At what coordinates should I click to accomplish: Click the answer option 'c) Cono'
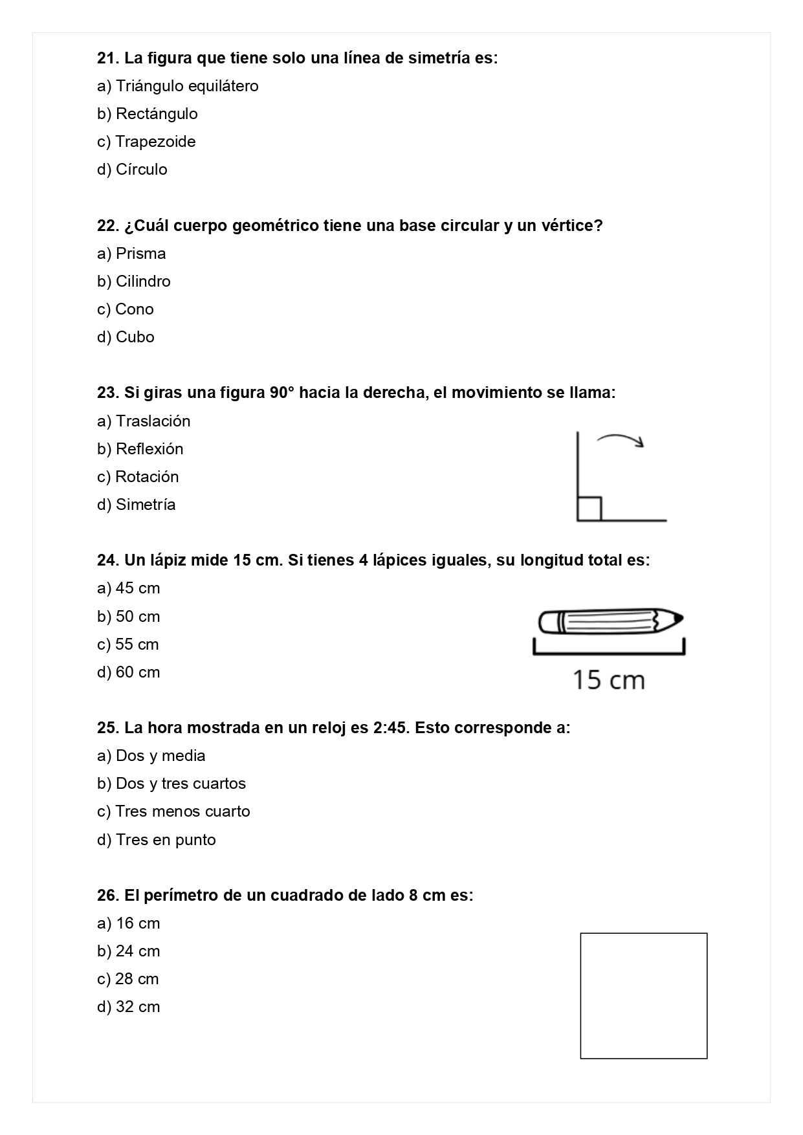126,309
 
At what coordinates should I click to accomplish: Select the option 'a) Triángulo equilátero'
177,86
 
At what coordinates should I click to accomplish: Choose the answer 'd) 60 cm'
128,672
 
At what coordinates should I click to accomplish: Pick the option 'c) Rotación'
138,477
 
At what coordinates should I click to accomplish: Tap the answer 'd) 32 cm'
128,1007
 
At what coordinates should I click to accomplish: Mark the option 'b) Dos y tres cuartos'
171,784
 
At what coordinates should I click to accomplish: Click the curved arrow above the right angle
621,440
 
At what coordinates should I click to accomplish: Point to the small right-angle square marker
589,509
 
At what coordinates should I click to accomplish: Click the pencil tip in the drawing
676,619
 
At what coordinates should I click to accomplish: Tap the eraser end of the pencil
547,623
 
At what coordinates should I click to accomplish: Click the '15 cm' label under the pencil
608,680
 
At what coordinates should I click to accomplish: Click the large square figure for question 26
643,995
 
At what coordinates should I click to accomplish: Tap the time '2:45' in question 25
390,728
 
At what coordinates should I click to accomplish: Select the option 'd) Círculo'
132,170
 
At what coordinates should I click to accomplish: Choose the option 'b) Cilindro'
134,281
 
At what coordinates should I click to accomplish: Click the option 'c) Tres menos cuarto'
173,811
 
